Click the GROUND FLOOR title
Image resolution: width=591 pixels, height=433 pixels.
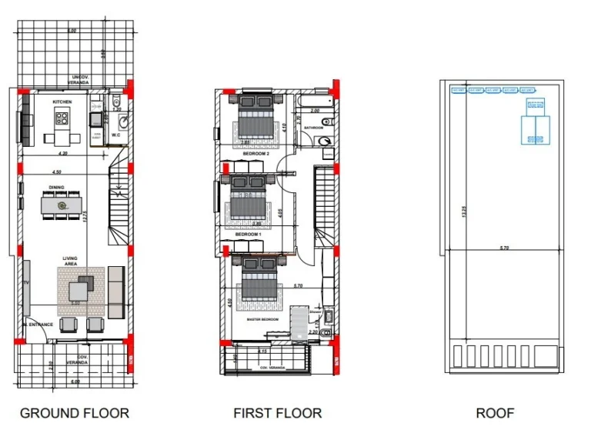pos(75,413)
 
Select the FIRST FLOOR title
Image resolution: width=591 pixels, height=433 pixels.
pos(278,413)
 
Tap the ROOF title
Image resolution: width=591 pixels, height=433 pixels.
pos(495,413)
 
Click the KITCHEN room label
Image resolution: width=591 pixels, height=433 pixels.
pos(62,102)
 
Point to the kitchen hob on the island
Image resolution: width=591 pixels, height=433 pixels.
pos(62,118)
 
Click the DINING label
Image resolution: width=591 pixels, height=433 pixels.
pos(57,187)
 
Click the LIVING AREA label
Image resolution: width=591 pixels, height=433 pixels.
pos(74,261)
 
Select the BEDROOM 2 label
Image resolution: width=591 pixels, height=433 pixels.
pos(255,154)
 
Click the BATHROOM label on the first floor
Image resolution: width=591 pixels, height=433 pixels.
pos(313,128)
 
